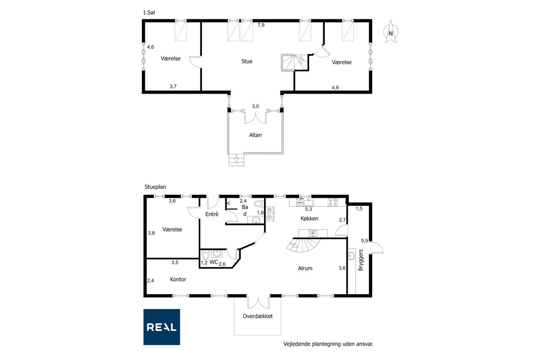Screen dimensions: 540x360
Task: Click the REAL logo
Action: [x=162, y=327]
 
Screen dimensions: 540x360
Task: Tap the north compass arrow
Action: [x=391, y=32]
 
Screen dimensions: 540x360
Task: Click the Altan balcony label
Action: [x=255, y=135]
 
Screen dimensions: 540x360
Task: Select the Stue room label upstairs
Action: [x=247, y=61]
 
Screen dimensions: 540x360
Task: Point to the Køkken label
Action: [x=309, y=218]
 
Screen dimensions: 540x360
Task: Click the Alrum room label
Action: [x=305, y=268]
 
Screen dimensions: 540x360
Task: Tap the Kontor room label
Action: [x=178, y=279]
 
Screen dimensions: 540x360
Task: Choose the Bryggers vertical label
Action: [x=361, y=260]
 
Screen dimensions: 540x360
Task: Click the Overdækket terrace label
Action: [x=257, y=316]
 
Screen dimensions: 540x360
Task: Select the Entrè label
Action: [x=212, y=214]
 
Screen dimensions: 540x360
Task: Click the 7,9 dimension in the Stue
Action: [x=261, y=25]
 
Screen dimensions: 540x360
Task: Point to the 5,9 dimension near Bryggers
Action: [x=364, y=240]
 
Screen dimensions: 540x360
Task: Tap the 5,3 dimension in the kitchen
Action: [x=308, y=209]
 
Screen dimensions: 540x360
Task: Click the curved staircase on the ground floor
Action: [x=303, y=244]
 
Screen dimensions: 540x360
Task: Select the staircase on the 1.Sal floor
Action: [x=294, y=63]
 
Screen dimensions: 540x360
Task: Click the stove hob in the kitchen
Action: [x=333, y=202]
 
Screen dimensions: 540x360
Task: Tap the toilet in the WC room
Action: [x=205, y=255]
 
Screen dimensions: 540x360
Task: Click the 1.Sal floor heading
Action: [x=149, y=13]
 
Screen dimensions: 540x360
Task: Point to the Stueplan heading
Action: [x=155, y=187]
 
